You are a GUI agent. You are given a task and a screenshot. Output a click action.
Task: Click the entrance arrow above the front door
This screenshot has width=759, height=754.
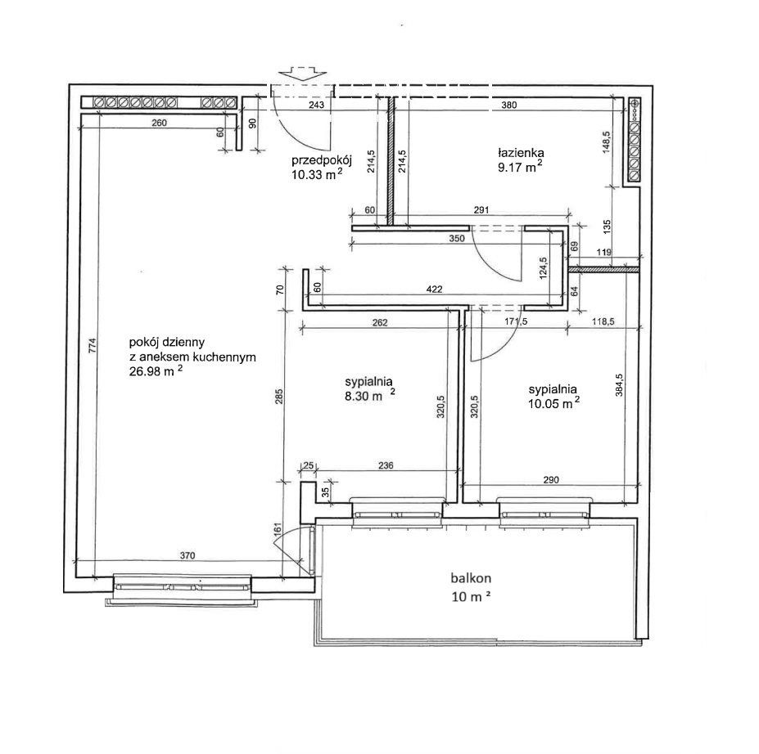click(301, 73)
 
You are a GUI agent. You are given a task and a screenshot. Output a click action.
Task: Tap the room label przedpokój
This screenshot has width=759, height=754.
click(321, 160)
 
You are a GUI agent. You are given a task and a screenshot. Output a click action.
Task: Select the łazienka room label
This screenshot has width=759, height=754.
click(521, 153)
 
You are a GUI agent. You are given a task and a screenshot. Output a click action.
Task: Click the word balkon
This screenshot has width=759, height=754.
click(471, 578)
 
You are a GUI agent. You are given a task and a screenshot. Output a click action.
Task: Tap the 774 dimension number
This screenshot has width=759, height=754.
click(93, 346)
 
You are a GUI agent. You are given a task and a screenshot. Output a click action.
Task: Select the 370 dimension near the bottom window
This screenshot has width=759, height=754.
click(187, 556)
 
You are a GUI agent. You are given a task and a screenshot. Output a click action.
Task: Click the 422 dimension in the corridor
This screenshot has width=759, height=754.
click(434, 289)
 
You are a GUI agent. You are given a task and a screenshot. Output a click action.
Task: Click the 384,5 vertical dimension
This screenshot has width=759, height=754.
click(619, 385)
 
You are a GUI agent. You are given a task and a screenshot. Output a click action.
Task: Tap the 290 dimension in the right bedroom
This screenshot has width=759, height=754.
click(551, 480)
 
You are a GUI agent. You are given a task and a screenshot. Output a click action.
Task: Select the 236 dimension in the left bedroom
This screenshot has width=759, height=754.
click(386, 466)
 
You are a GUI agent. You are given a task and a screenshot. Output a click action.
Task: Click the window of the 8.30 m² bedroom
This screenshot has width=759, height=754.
click(397, 511)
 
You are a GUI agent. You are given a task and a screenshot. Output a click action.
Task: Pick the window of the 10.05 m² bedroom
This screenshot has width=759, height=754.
click(544, 511)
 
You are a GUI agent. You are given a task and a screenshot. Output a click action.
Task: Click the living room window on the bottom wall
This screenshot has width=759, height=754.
click(182, 589)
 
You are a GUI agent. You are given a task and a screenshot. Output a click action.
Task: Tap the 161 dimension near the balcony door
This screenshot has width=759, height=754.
click(278, 529)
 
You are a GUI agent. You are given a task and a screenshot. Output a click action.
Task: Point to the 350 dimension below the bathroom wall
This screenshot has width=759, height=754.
click(457, 238)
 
